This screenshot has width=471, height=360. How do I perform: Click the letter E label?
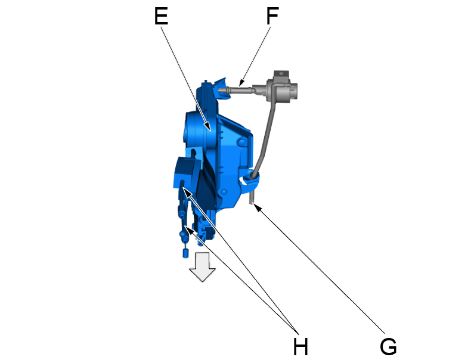click(161, 16)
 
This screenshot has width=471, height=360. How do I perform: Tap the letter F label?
click(272, 16)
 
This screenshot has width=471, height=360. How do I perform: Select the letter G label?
click(388, 346)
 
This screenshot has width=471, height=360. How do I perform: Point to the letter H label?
click(300, 346)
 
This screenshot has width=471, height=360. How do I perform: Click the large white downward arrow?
click(203, 266)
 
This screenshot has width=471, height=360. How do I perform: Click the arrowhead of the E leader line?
click(208, 128)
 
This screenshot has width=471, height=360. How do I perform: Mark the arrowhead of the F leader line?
click(241, 83)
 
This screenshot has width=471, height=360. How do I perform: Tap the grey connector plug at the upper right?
click(281, 88)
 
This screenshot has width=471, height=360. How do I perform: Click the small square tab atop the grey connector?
click(281, 73)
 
